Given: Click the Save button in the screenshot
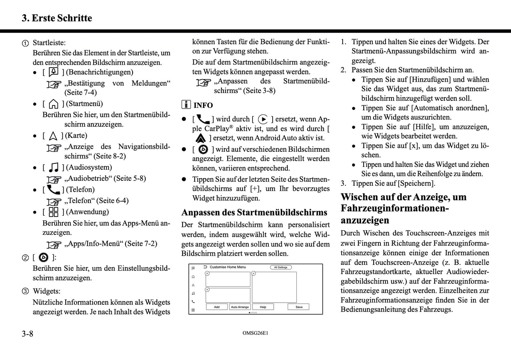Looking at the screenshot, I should [x=299, y=307].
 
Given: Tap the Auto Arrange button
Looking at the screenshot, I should [x=240, y=307].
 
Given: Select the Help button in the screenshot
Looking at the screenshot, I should [x=263, y=307].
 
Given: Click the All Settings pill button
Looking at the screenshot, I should [x=281, y=267].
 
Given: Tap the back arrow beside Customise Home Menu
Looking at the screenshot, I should [x=205, y=267].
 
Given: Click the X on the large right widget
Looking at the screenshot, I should [x=254, y=273].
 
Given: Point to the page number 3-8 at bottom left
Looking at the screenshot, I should [x=27, y=333].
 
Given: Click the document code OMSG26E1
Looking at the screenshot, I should [x=255, y=333].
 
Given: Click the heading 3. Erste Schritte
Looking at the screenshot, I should [x=57, y=18].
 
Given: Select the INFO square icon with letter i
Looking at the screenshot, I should [x=186, y=105].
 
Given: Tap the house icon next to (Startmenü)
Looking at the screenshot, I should [x=53, y=104].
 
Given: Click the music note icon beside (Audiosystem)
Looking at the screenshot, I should [x=53, y=167].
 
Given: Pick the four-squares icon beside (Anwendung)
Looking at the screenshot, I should [x=53, y=212].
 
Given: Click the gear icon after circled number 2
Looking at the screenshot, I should [x=43, y=257].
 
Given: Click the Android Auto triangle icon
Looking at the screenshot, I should [x=200, y=138].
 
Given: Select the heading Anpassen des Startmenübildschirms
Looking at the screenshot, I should [x=254, y=213].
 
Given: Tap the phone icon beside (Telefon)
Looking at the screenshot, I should [x=53, y=190].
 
